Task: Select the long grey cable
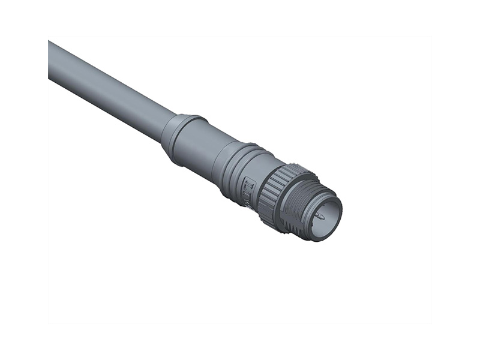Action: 108,90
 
